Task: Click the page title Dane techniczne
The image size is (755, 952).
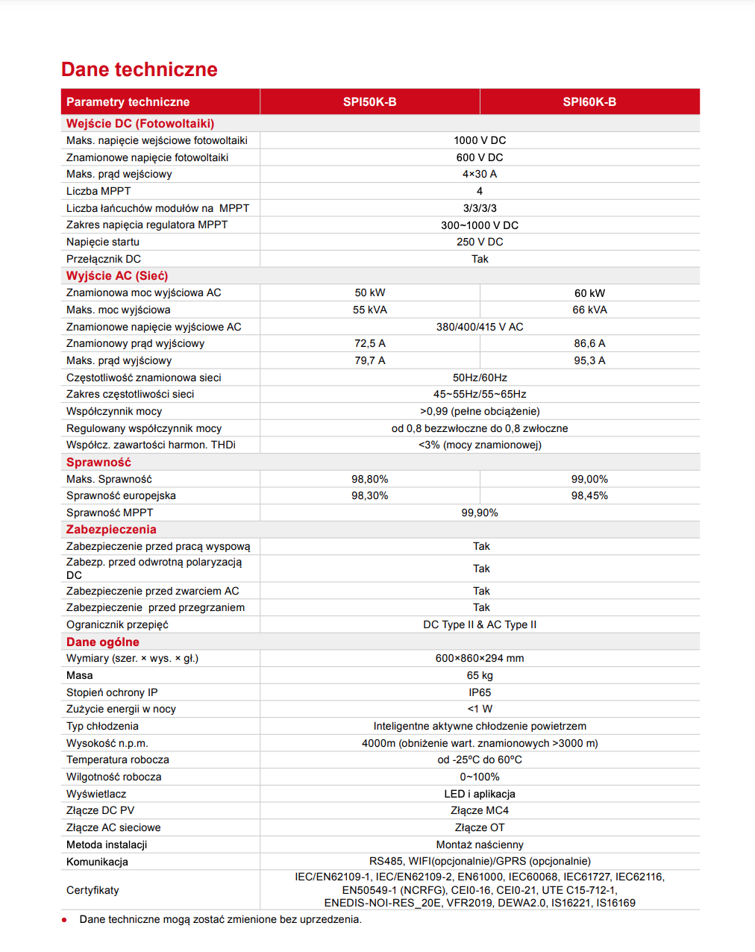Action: click(x=140, y=69)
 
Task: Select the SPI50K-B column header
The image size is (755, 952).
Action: click(x=369, y=102)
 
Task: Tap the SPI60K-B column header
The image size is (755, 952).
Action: click(x=589, y=102)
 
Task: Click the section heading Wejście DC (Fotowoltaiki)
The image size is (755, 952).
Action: click(x=140, y=124)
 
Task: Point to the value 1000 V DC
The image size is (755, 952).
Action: click(x=480, y=140)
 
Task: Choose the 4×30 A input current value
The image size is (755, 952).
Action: click(x=480, y=174)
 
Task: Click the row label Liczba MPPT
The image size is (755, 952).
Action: click(x=98, y=191)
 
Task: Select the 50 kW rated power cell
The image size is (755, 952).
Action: click(x=370, y=292)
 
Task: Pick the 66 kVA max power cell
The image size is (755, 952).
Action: click(x=589, y=310)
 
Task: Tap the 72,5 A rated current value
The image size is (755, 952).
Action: click(x=370, y=343)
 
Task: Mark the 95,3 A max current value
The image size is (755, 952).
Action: click(x=589, y=360)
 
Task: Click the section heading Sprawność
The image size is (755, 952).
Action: click(x=98, y=463)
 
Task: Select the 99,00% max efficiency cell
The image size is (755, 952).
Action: click(x=589, y=479)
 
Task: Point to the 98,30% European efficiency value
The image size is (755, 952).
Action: click(x=370, y=495)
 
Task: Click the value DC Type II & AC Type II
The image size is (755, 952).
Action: click(x=480, y=624)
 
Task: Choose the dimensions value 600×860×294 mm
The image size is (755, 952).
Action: click(x=480, y=658)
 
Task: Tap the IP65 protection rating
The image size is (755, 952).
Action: click(x=480, y=692)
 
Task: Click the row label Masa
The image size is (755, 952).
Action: click(x=80, y=675)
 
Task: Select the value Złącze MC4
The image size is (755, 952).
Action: click(x=480, y=810)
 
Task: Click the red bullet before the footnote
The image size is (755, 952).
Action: click(x=64, y=920)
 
